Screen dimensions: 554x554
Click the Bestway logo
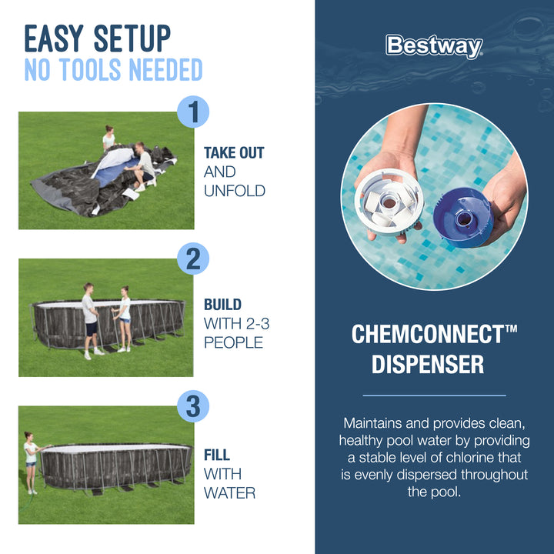[434, 46]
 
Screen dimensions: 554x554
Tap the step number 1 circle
[193, 112]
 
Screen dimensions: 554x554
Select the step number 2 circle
[193, 259]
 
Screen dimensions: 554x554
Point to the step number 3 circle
[193, 406]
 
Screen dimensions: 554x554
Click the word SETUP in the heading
[132, 38]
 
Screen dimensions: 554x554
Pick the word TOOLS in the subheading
[91, 69]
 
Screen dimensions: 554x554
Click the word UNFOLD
[234, 191]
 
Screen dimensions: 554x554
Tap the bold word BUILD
[222, 305]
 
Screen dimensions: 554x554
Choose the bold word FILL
[216, 455]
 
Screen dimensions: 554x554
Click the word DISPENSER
[428, 364]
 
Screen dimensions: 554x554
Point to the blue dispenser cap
[463, 217]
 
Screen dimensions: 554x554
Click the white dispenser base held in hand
[389, 202]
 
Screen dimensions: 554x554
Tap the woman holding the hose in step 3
[31, 462]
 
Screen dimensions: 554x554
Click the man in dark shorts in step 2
[91, 320]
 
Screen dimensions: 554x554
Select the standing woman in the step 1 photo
[109, 138]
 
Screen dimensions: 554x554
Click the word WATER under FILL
[229, 493]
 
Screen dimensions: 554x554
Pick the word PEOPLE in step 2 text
[234, 342]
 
